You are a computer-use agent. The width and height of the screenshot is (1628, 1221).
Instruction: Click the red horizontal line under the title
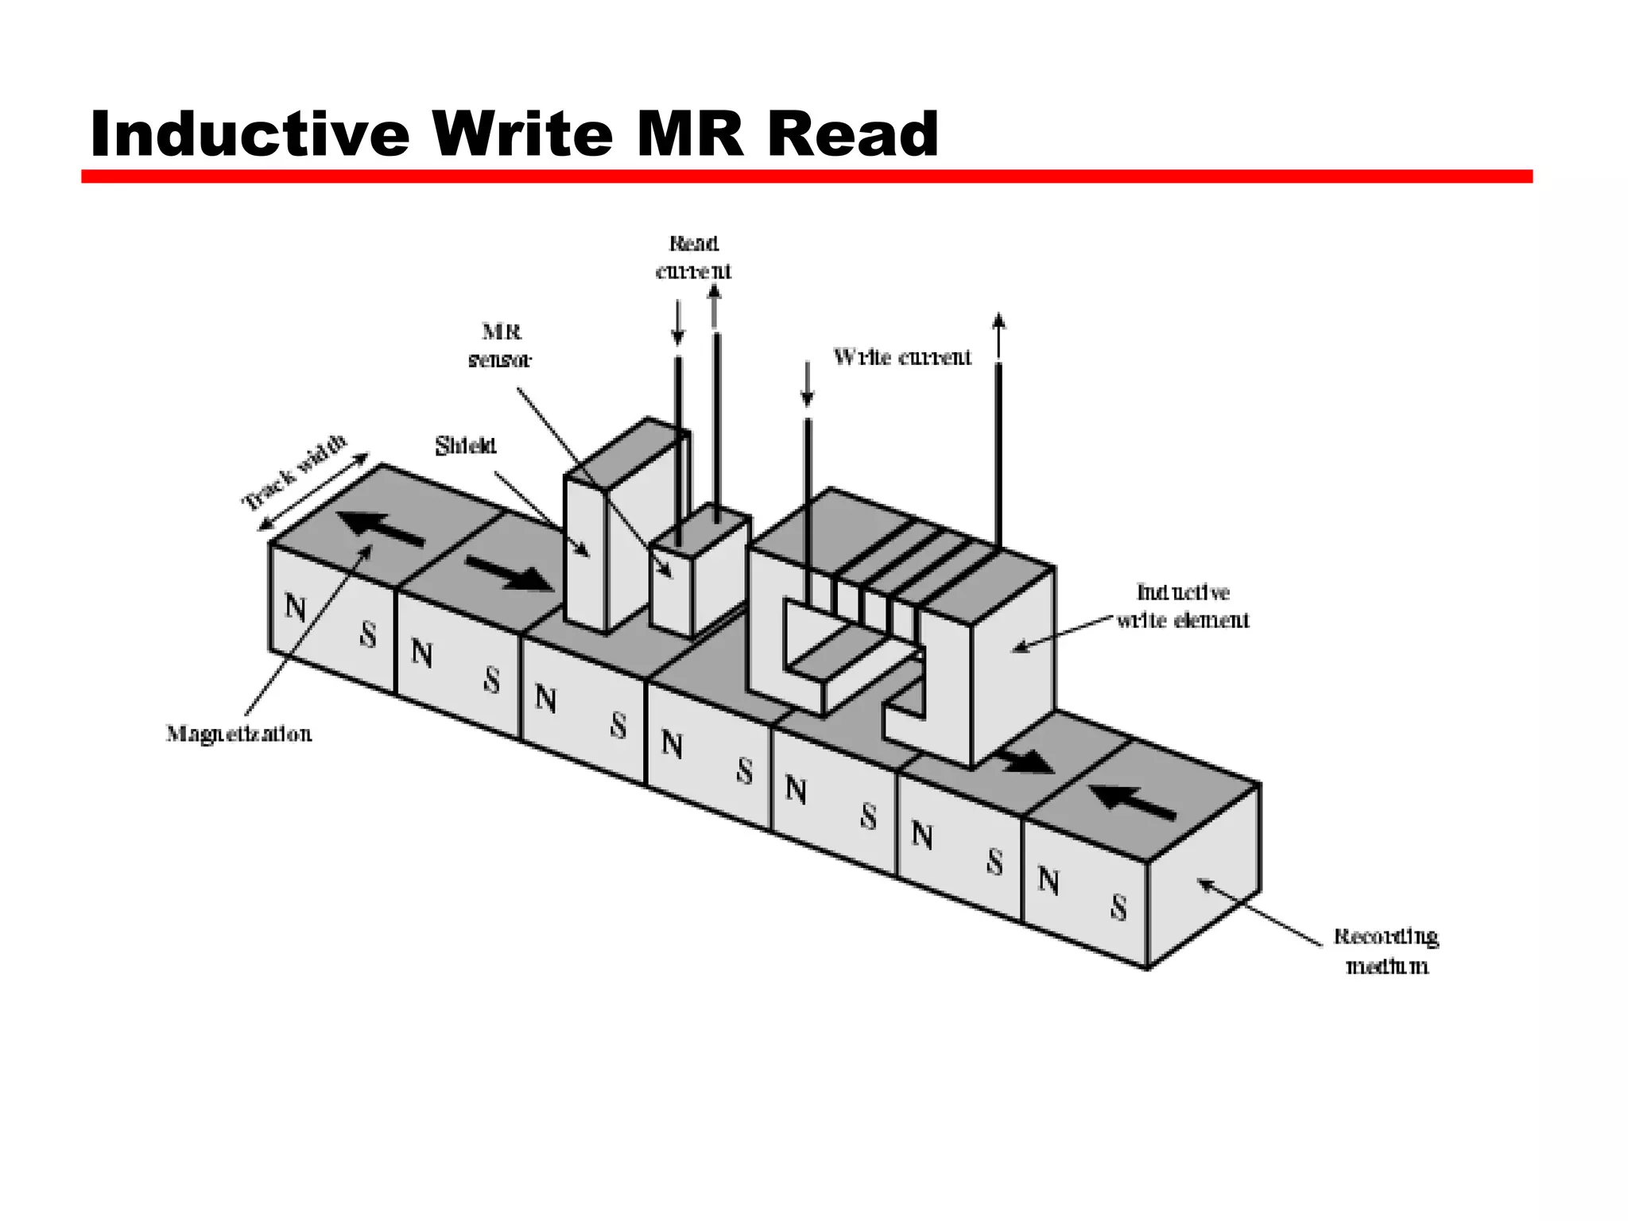coord(806,176)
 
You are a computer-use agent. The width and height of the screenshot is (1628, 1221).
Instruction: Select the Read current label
coord(693,257)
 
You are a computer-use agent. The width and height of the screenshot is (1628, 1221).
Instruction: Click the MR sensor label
coord(500,345)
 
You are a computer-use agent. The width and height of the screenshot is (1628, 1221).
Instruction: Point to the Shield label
coord(465,446)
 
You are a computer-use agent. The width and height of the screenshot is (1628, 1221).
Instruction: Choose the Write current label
coord(902,357)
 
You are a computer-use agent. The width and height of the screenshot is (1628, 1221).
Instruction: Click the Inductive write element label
coord(1183,606)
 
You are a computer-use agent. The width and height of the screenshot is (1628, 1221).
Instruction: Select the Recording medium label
coord(1386,951)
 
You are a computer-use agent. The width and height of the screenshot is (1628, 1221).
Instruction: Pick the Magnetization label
coord(238,733)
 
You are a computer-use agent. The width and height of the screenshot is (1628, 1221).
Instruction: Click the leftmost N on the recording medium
coord(295,608)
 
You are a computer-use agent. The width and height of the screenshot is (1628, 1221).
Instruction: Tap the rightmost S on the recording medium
coord(1118,908)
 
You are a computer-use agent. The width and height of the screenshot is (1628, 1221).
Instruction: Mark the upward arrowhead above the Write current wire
coord(999,321)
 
